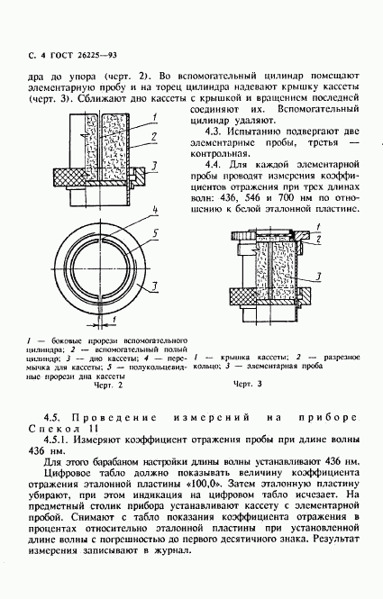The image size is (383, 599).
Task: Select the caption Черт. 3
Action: click(x=247, y=384)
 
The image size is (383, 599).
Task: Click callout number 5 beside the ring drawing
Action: click(x=155, y=233)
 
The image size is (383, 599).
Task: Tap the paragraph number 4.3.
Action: click(x=214, y=132)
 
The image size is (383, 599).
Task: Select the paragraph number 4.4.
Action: click(x=214, y=165)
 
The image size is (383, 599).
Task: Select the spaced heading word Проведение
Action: click(x=114, y=418)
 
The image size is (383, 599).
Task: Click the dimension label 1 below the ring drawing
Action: click(x=114, y=319)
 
